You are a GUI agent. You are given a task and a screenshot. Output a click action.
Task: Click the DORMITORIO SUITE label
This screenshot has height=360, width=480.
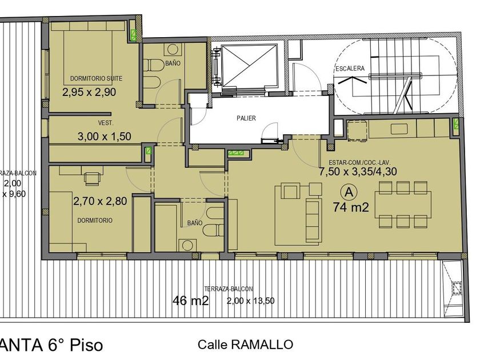point(96,78)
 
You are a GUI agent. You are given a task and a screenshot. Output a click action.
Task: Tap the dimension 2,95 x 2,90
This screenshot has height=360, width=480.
point(89,92)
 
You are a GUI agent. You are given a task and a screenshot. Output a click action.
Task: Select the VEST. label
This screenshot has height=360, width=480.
point(106,123)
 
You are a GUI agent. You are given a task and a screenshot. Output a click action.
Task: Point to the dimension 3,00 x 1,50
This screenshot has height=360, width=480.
point(105,136)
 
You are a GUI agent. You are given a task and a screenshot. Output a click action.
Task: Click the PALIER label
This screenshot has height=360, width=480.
point(246,118)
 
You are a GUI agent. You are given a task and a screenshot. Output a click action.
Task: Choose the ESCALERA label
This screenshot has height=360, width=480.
point(350,69)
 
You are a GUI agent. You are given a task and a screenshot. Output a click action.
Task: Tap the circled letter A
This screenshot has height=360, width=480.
point(349,192)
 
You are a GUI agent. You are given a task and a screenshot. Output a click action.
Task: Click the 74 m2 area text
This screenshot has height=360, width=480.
point(351,207)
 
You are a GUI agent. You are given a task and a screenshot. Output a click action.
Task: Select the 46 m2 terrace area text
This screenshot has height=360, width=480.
point(191,301)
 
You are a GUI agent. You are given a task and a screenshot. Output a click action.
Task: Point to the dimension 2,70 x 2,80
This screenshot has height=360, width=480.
point(100,201)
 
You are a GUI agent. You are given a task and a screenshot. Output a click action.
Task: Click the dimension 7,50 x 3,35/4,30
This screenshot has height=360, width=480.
point(358,171)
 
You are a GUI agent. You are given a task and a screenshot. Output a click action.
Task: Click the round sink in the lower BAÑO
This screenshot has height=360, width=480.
point(187,245)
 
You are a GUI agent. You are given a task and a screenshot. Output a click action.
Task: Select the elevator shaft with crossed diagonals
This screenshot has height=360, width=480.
point(249,66)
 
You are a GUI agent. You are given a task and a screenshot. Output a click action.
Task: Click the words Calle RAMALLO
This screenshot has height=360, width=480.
point(245,345)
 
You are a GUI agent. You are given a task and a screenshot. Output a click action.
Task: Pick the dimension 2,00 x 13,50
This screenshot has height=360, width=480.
point(250,301)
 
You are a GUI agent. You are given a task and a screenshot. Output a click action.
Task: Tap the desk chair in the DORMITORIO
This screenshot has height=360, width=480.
point(93,179)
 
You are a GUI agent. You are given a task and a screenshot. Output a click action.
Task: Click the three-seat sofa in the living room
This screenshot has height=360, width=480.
point(314,220)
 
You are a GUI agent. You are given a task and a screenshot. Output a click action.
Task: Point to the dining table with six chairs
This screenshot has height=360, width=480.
point(403,205)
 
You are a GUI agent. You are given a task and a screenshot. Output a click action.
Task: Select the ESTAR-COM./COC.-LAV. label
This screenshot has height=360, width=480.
point(359,162)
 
